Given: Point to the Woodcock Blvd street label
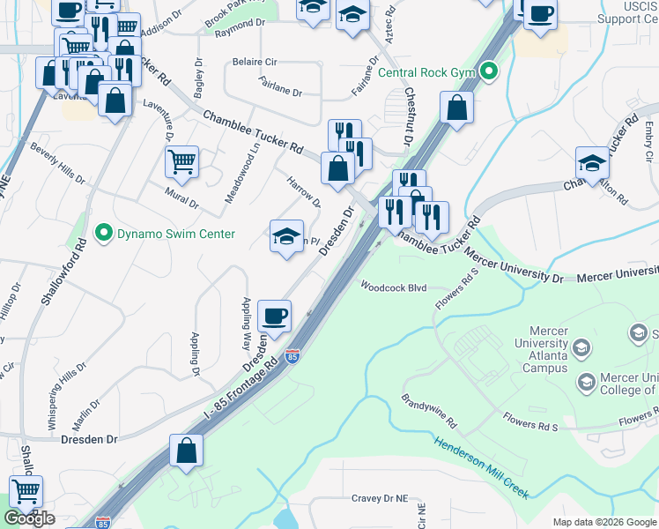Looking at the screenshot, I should coord(393,287).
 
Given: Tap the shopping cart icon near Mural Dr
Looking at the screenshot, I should coord(181,160).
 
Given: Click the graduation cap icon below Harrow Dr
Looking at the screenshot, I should coord(286,235).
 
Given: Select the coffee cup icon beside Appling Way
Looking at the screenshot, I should coord(275,315).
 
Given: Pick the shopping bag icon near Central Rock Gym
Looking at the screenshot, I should coord(456,108).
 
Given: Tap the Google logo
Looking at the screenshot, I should coord(29,518).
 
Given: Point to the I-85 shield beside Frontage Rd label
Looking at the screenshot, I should coord(292,356).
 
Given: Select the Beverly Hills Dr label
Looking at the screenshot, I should coord(58,163).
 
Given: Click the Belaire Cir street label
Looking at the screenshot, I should coord(255,63).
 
